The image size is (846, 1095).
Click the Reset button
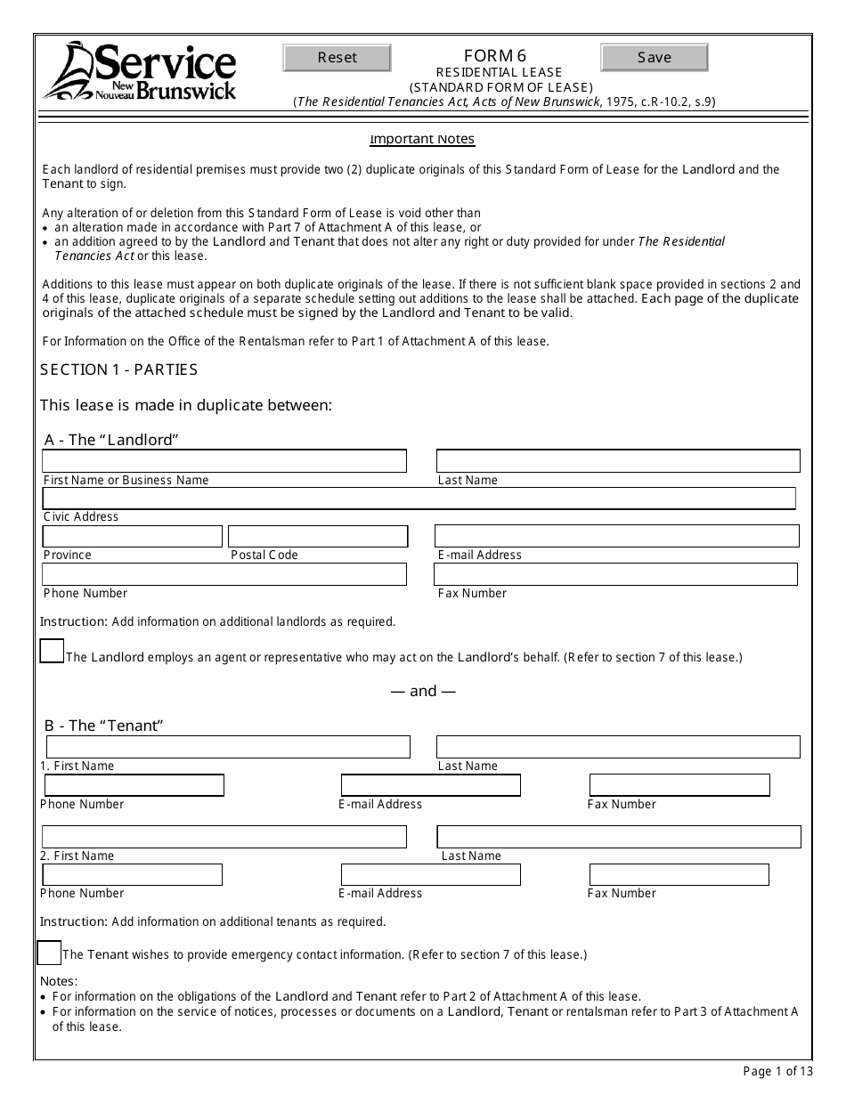click(337, 58)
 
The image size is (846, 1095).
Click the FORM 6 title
click(500, 56)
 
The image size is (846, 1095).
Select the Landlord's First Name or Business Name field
click(224, 461)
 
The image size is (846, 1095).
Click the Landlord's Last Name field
click(618, 461)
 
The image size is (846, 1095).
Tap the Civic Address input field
click(419, 499)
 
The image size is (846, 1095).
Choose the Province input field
click(132, 536)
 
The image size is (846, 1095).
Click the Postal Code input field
click(318, 536)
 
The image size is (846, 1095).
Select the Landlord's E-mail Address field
click(616, 536)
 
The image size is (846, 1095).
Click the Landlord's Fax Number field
click(616, 574)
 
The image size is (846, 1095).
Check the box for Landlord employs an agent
click(52, 652)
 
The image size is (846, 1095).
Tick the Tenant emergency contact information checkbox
click(49, 953)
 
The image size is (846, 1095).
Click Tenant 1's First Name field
click(228, 747)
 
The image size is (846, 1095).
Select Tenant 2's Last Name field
click(619, 837)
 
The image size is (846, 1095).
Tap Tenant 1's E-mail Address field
click(431, 785)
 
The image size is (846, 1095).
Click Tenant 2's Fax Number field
click(679, 875)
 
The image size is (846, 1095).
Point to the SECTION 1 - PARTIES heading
click(119, 369)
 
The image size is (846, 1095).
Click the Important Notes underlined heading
click(422, 139)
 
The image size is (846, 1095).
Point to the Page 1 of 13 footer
click(777, 1071)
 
